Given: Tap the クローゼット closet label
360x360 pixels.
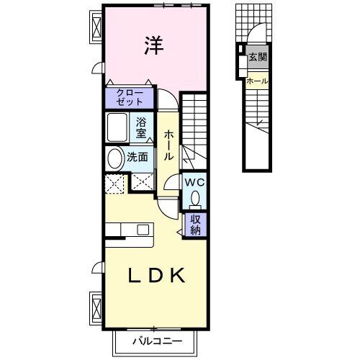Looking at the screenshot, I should (x=130, y=97).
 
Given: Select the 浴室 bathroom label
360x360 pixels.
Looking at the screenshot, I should (x=141, y=127).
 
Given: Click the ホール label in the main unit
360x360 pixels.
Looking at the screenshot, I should (x=168, y=145).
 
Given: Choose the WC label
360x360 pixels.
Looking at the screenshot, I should (x=194, y=183).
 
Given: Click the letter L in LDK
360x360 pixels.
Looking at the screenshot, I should (x=135, y=275).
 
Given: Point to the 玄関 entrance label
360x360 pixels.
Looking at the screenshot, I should (x=257, y=57).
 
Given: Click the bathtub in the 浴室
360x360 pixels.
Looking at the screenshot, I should (x=118, y=127).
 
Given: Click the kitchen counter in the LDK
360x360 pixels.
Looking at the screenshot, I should (x=127, y=230).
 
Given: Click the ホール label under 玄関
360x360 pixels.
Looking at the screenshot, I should (x=257, y=81).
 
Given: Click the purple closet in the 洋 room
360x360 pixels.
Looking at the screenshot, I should (x=130, y=97).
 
